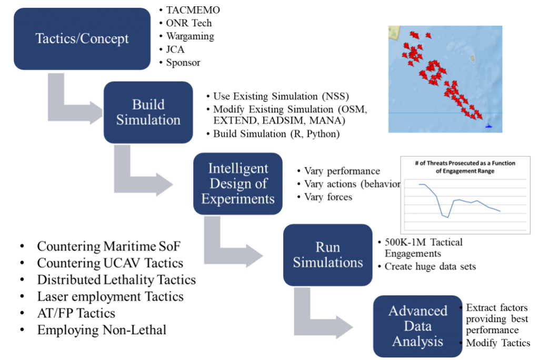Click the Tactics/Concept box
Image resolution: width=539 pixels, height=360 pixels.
click(82, 39)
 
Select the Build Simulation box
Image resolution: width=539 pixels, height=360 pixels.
click(148, 113)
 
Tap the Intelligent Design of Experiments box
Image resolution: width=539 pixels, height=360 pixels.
click(238, 184)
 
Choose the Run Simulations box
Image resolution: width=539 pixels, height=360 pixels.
click(327, 255)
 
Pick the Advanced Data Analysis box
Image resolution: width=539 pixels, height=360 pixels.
click(417, 326)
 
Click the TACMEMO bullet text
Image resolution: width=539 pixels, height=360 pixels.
click(193, 10)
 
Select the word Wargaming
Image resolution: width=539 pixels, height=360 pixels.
click(190, 36)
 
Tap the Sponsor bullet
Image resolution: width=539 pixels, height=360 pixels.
click(183, 63)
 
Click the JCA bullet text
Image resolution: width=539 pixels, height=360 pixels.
click(175, 49)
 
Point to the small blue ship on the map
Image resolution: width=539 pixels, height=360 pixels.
click(488, 126)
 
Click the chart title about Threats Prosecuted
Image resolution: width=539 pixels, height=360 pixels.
click(465, 167)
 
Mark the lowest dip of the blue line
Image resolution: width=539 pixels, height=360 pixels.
click(448, 217)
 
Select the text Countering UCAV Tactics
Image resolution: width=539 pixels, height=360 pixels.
click(110, 263)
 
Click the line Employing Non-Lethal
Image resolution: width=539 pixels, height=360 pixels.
click(102, 330)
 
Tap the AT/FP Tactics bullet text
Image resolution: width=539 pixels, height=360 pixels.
click(76, 313)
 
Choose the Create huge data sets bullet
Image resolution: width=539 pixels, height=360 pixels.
click(430, 266)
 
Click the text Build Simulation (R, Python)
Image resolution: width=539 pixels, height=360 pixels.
click(276, 134)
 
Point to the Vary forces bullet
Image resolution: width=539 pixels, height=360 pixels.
click(328, 197)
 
